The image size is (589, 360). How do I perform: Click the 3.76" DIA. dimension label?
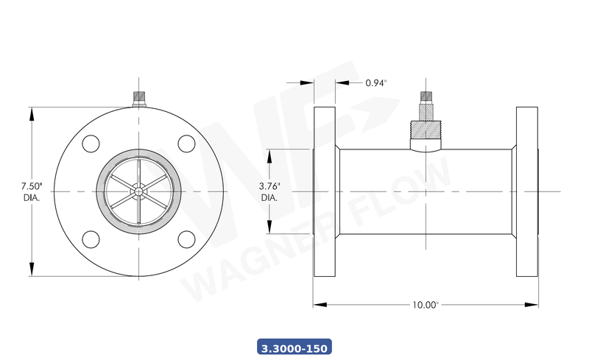269,192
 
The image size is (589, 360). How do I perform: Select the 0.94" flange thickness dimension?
375,82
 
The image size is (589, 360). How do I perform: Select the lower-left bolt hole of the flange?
91,239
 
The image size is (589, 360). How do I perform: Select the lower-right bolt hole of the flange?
186,239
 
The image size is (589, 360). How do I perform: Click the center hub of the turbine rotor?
138,191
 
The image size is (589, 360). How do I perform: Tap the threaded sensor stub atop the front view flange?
138,98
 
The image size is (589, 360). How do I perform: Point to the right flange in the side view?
527,191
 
